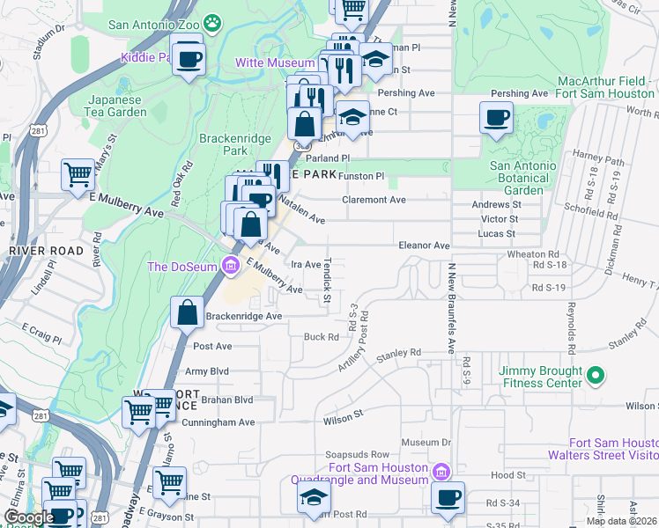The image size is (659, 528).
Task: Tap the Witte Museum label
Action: pyautogui.click(x=275, y=62)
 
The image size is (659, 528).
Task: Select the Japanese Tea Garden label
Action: pyautogui.click(x=115, y=106)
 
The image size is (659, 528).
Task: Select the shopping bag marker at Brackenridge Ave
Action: pyautogui.click(x=189, y=312)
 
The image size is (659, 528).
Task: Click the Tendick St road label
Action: pyautogui.click(x=326, y=282)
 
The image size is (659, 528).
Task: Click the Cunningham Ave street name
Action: pyautogui.click(x=218, y=422)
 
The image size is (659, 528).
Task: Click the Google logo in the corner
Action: pyautogui.click(x=29, y=517)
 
